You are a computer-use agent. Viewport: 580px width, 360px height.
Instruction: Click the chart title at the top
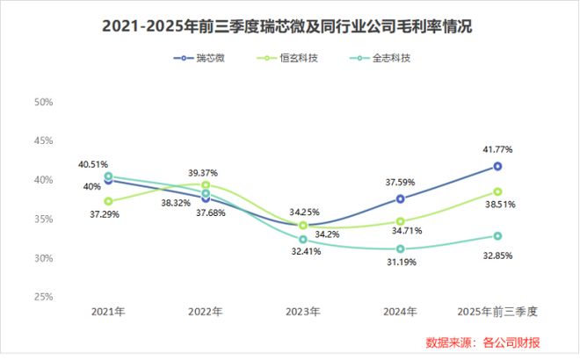click(x=289, y=26)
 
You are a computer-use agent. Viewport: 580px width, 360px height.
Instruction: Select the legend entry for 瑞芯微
click(x=201, y=59)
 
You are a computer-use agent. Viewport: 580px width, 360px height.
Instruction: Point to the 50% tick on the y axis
click(x=43, y=102)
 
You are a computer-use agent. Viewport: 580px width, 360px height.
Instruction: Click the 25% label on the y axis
click(x=43, y=297)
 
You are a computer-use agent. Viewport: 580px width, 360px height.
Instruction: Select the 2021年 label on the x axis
click(x=107, y=312)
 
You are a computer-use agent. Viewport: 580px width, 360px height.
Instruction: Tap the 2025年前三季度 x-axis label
click(x=497, y=312)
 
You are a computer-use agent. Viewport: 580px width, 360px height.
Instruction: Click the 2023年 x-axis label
click(x=303, y=312)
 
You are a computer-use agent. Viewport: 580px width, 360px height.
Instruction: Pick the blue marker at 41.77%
click(x=497, y=166)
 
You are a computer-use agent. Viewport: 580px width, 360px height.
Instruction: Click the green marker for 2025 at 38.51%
click(x=497, y=191)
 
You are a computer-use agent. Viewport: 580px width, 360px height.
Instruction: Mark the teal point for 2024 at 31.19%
click(x=401, y=248)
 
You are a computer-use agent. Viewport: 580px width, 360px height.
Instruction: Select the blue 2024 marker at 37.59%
click(x=401, y=198)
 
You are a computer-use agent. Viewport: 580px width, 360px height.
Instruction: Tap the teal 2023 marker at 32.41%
click(x=303, y=239)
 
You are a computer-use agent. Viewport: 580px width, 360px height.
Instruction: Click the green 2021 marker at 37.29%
click(x=108, y=201)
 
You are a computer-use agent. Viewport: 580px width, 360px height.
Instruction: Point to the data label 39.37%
click(x=202, y=173)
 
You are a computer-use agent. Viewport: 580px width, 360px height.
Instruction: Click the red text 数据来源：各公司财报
click(x=494, y=341)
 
